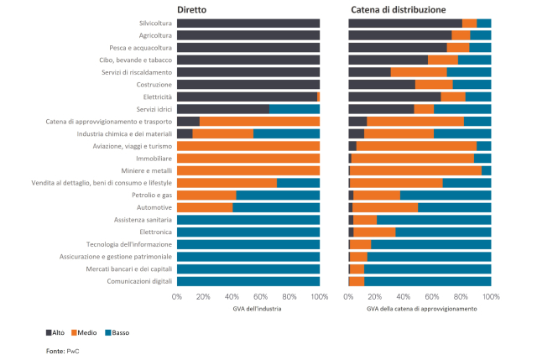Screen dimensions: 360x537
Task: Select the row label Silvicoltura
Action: tap(155, 23)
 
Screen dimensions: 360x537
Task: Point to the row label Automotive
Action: tap(154, 207)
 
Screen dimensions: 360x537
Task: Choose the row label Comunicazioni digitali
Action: tap(138, 281)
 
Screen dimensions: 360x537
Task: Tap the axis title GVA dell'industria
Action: tap(248, 309)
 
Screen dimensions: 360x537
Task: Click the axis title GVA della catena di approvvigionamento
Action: tap(420, 309)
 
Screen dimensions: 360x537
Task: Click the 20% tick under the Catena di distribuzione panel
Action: tap(377, 296)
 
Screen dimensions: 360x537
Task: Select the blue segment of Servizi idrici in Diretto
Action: tap(295, 109)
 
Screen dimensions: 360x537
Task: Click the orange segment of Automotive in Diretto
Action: tap(205, 207)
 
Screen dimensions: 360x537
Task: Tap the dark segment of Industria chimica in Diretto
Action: tap(185, 133)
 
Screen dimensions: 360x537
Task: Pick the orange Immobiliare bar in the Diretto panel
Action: tap(248, 158)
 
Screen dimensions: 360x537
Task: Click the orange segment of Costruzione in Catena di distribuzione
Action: tap(434, 85)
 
